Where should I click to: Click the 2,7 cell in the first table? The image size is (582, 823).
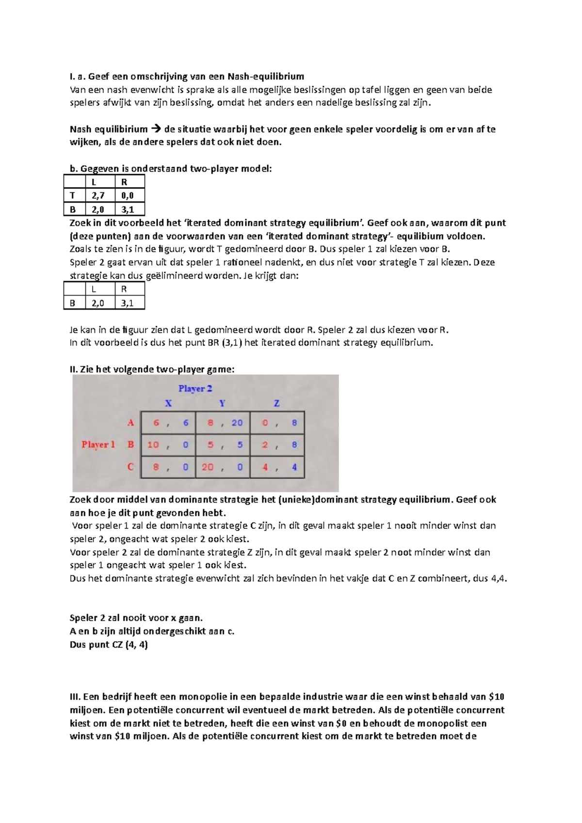pos(99,195)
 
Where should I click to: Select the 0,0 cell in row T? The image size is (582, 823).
pos(129,195)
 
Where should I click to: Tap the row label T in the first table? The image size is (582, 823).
pos(73,195)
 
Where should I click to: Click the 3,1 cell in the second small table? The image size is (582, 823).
pos(129,303)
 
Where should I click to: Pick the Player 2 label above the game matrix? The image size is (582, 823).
pos(195,388)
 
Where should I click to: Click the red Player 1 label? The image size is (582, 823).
pos(98,444)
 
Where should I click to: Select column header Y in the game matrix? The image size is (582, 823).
pos(222,403)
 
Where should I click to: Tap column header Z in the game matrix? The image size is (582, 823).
pos(276,403)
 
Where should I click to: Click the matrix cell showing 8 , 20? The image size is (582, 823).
pos(223,423)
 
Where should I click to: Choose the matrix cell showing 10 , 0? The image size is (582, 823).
pos(168,445)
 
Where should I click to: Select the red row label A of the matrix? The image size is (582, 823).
pos(130,423)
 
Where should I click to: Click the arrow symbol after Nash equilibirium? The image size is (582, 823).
pos(156,129)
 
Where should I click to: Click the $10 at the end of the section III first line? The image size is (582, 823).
pos(497,697)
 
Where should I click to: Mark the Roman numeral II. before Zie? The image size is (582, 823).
pos(74,369)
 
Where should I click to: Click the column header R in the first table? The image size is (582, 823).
pos(124,182)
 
